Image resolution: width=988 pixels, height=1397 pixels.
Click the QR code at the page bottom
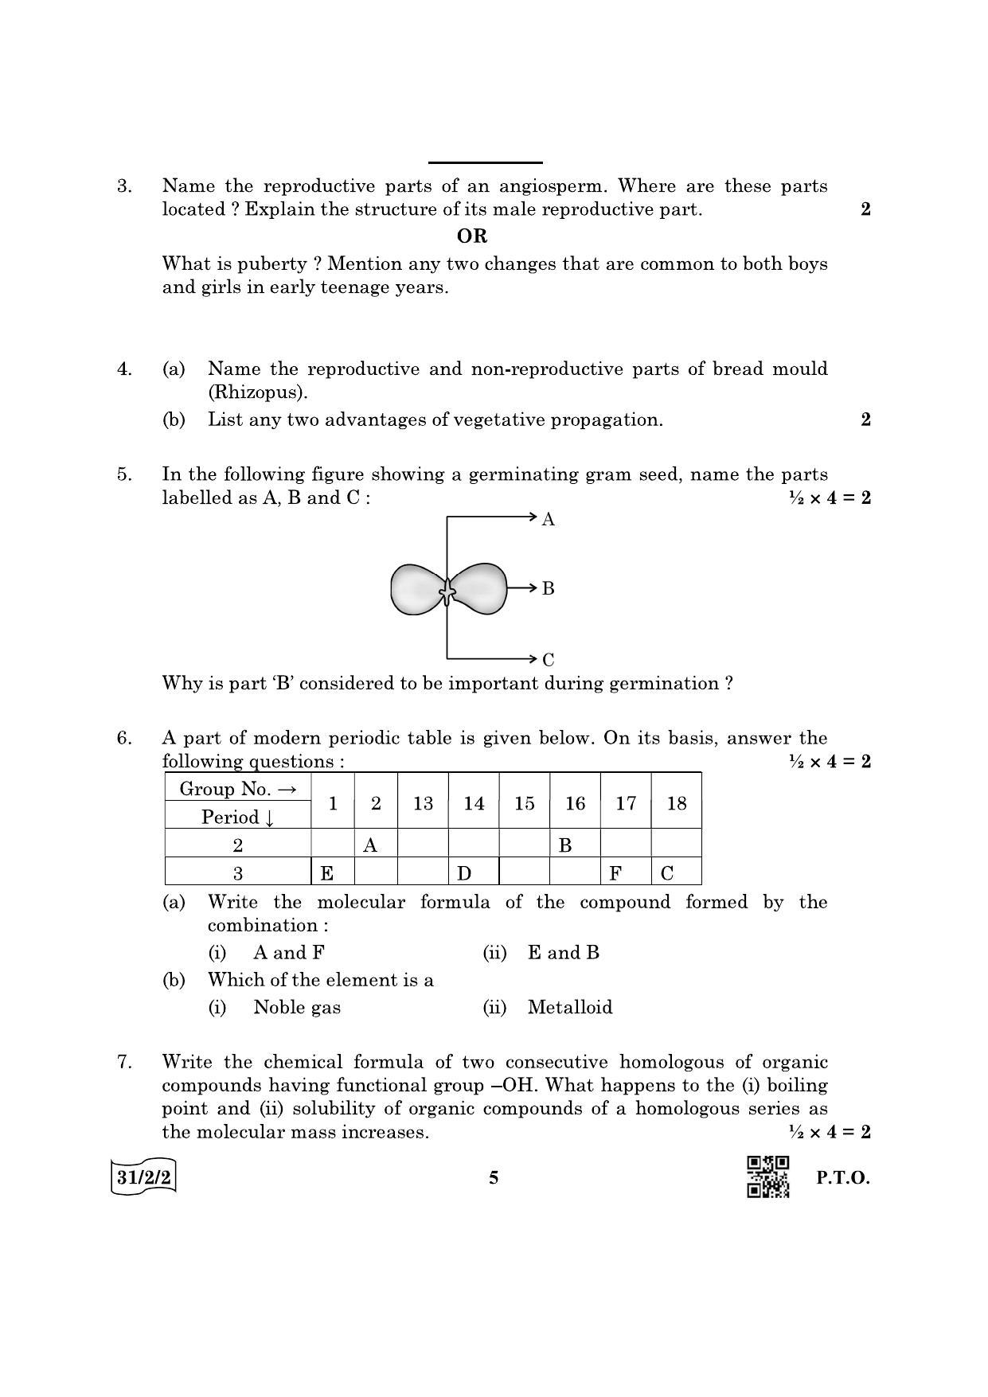[x=767, y=1177]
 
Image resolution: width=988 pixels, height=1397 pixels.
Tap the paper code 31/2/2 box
[x=143, y=1177]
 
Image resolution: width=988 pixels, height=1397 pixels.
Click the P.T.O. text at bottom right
[x=843, y=1178]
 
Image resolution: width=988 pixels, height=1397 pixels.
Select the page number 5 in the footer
[x=494, y=1178]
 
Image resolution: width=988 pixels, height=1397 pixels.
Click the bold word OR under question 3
[x=472, y=236]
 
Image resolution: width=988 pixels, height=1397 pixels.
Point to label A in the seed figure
[x=548, y=520]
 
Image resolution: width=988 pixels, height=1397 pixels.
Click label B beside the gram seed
[x=548, y=589]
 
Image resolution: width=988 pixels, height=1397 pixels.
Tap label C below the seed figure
[x=548, y=660]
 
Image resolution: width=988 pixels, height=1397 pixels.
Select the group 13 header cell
[x=423, y=803]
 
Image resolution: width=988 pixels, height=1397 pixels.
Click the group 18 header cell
[x=676, y=803]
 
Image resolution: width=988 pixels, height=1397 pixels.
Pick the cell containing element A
[x=375, y=845]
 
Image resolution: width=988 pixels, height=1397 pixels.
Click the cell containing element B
[x=574, y=845]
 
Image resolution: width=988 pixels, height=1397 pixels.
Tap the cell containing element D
[x=473, y=873]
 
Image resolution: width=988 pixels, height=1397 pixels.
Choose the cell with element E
[x=331, y=873]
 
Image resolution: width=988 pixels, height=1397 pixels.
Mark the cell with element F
[x=625, y=873]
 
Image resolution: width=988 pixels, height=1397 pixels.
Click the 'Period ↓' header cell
[x=237, y=817]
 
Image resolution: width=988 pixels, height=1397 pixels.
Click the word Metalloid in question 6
[x=570, y=1008]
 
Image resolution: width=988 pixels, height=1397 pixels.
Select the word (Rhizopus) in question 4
[x=257, y=392]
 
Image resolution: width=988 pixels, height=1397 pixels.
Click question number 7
[x=124, y=1062]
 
